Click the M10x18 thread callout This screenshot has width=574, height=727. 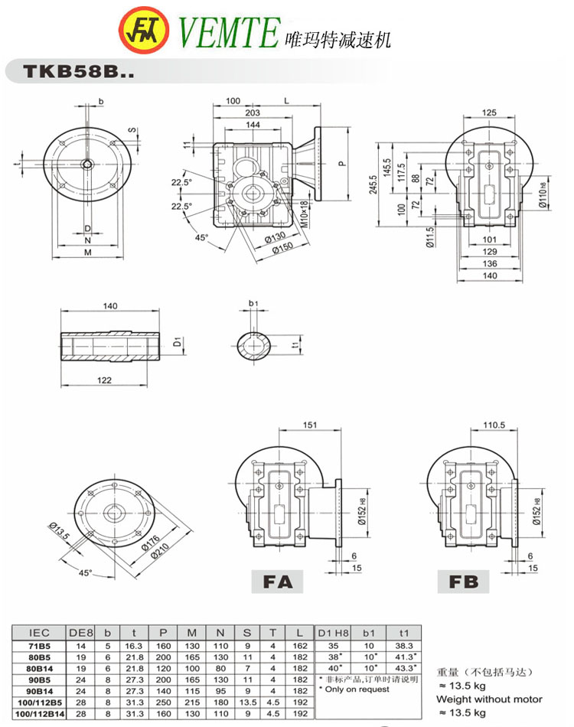click(303, 214)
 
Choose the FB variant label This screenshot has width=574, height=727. click(463, 582)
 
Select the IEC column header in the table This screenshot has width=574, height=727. click(39, 634)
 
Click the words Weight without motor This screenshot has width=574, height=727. click(488, 699)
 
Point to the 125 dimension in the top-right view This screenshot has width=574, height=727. click(488, 112)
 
